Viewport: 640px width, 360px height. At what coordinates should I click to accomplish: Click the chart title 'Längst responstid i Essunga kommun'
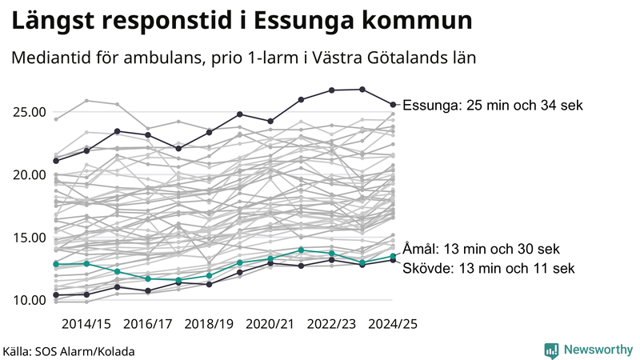click(241, 20)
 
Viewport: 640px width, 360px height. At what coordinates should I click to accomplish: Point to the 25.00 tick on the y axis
click(28, 112)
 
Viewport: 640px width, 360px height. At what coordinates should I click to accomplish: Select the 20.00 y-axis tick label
click(28, 174)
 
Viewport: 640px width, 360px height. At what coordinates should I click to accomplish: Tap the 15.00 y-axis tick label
click(28, 238)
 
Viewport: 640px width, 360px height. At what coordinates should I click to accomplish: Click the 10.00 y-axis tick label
click(28, 300)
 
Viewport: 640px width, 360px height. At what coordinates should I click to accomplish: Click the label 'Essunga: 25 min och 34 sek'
click(494, 105)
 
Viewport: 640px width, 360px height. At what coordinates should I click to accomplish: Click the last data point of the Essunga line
click(393, 104)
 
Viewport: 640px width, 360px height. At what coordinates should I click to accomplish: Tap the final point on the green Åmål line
click(393, 256)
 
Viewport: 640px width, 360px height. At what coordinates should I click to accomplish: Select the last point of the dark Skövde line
click(393, 260)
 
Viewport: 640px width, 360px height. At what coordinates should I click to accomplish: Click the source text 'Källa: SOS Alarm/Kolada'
click(69, 350)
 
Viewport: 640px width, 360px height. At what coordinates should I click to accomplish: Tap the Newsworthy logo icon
click(551, 350)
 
